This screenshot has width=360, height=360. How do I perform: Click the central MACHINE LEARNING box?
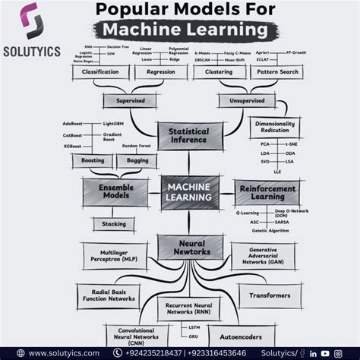tap(190, 191)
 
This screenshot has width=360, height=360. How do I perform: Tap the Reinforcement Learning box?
tap(267, 191)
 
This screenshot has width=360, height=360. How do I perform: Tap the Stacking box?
tap(114, 224)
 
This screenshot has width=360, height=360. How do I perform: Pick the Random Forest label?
tap(137, 145)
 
